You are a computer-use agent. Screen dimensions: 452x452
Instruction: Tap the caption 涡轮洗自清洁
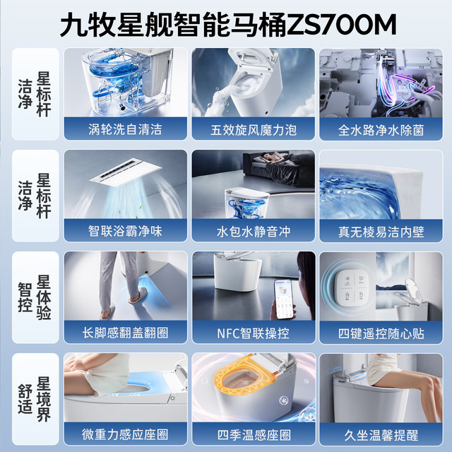click(x=126, y=129)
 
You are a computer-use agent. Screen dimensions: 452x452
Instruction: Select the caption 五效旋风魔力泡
click(x=254, y=130)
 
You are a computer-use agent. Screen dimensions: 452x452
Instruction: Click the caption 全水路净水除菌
click(x=381, y=130)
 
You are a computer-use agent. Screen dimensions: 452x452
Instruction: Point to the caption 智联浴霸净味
click(x=126, y=231)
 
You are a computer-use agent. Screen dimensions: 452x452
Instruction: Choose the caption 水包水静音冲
click(x=254, y=232)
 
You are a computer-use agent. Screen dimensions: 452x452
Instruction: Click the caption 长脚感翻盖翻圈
click(x=126, y=333)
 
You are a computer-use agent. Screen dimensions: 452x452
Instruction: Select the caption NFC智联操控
click(x=254, y=333)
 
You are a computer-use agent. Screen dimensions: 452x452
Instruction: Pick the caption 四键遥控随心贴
click(x=381, y=334)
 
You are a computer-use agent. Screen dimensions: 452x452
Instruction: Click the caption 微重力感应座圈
click(x=126, y=435)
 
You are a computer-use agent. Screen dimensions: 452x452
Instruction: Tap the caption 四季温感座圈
click(x=254, y=435)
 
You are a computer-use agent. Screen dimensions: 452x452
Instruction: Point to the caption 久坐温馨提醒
click(x=381, y=435)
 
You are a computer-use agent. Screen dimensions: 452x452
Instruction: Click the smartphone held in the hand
click(x=284, y=298)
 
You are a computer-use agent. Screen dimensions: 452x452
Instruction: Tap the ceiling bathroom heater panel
click(x=126, y=172)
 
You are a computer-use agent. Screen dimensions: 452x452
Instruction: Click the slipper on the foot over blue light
click(x=138, y=296)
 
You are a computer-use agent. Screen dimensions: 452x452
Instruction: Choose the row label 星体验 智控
click(x=35, y=297)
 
